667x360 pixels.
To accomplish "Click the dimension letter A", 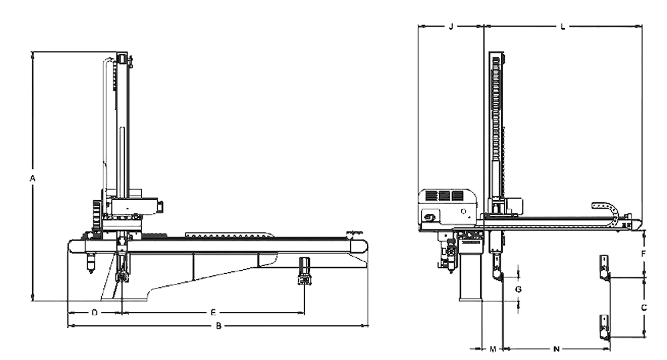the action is (x=32, y=179).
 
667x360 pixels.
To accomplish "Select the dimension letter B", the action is (x=219, y=326).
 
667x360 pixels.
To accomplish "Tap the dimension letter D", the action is (x=95, y=313).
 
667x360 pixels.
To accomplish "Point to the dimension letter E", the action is (x=213, y=313).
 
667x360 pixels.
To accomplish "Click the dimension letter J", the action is (x=451, y=27).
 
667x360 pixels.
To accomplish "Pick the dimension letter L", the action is (x=563, y=27).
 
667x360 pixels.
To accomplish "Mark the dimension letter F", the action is (x=644, y=254).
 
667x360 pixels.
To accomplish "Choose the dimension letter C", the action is (x=644, y=307).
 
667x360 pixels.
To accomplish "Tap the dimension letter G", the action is (x=518, y=289).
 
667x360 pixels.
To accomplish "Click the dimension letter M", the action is (x=493, y=349).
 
